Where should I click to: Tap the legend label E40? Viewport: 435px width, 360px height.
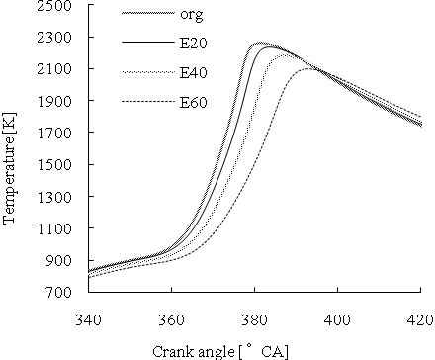point(192,72)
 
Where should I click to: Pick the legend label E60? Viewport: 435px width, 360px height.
point(192,101)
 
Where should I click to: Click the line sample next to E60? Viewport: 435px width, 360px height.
point(144,101)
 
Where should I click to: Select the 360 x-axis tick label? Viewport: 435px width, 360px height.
point(171,318)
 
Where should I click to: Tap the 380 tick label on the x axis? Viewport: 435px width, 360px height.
point(254,318)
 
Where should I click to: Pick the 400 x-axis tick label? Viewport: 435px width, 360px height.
point(337,318)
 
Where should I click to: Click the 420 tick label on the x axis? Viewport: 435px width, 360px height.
point(419,318)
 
